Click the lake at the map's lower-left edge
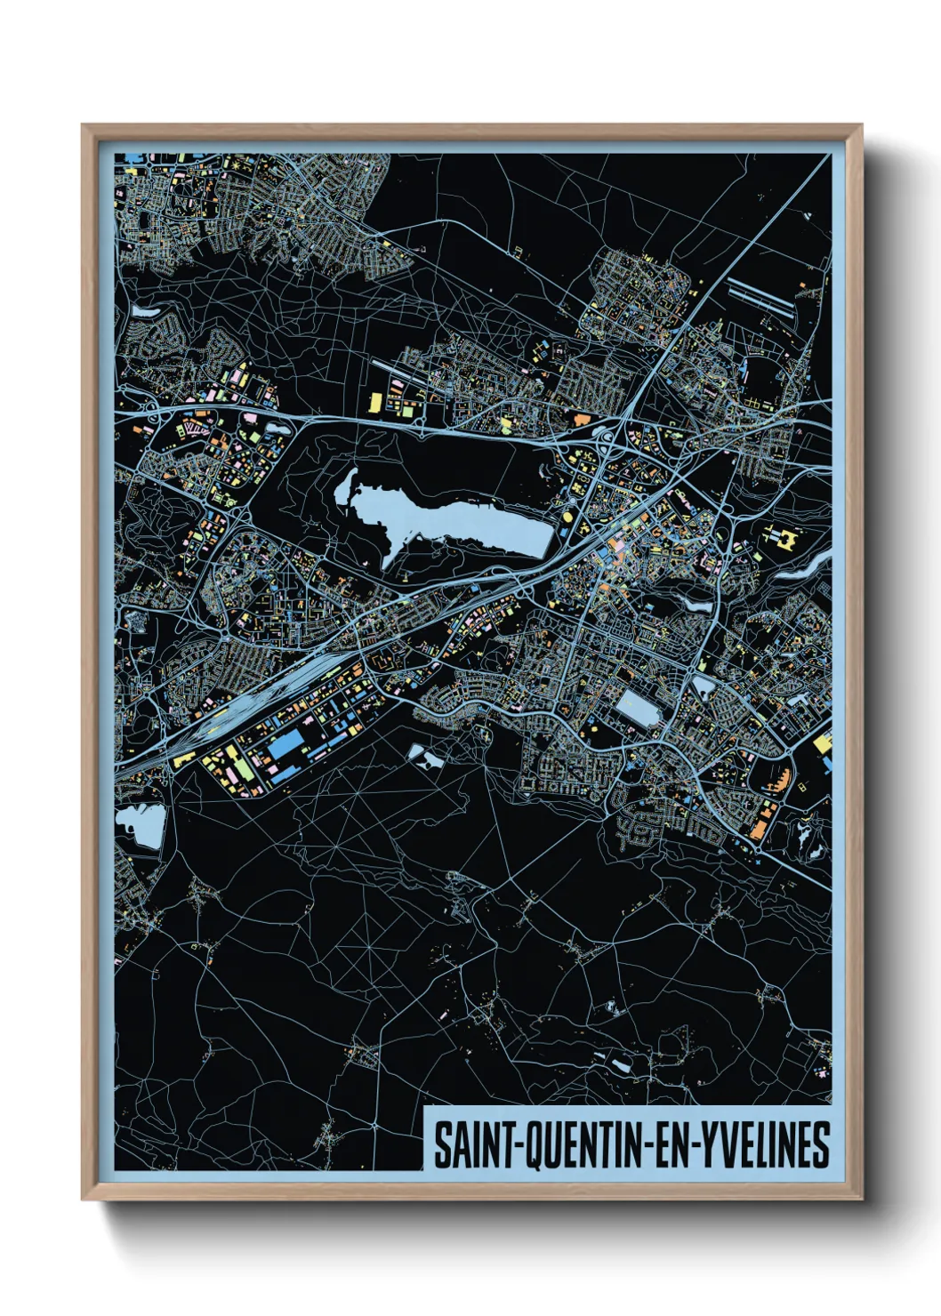click(142, 825)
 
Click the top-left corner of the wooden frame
click(84, 127)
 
